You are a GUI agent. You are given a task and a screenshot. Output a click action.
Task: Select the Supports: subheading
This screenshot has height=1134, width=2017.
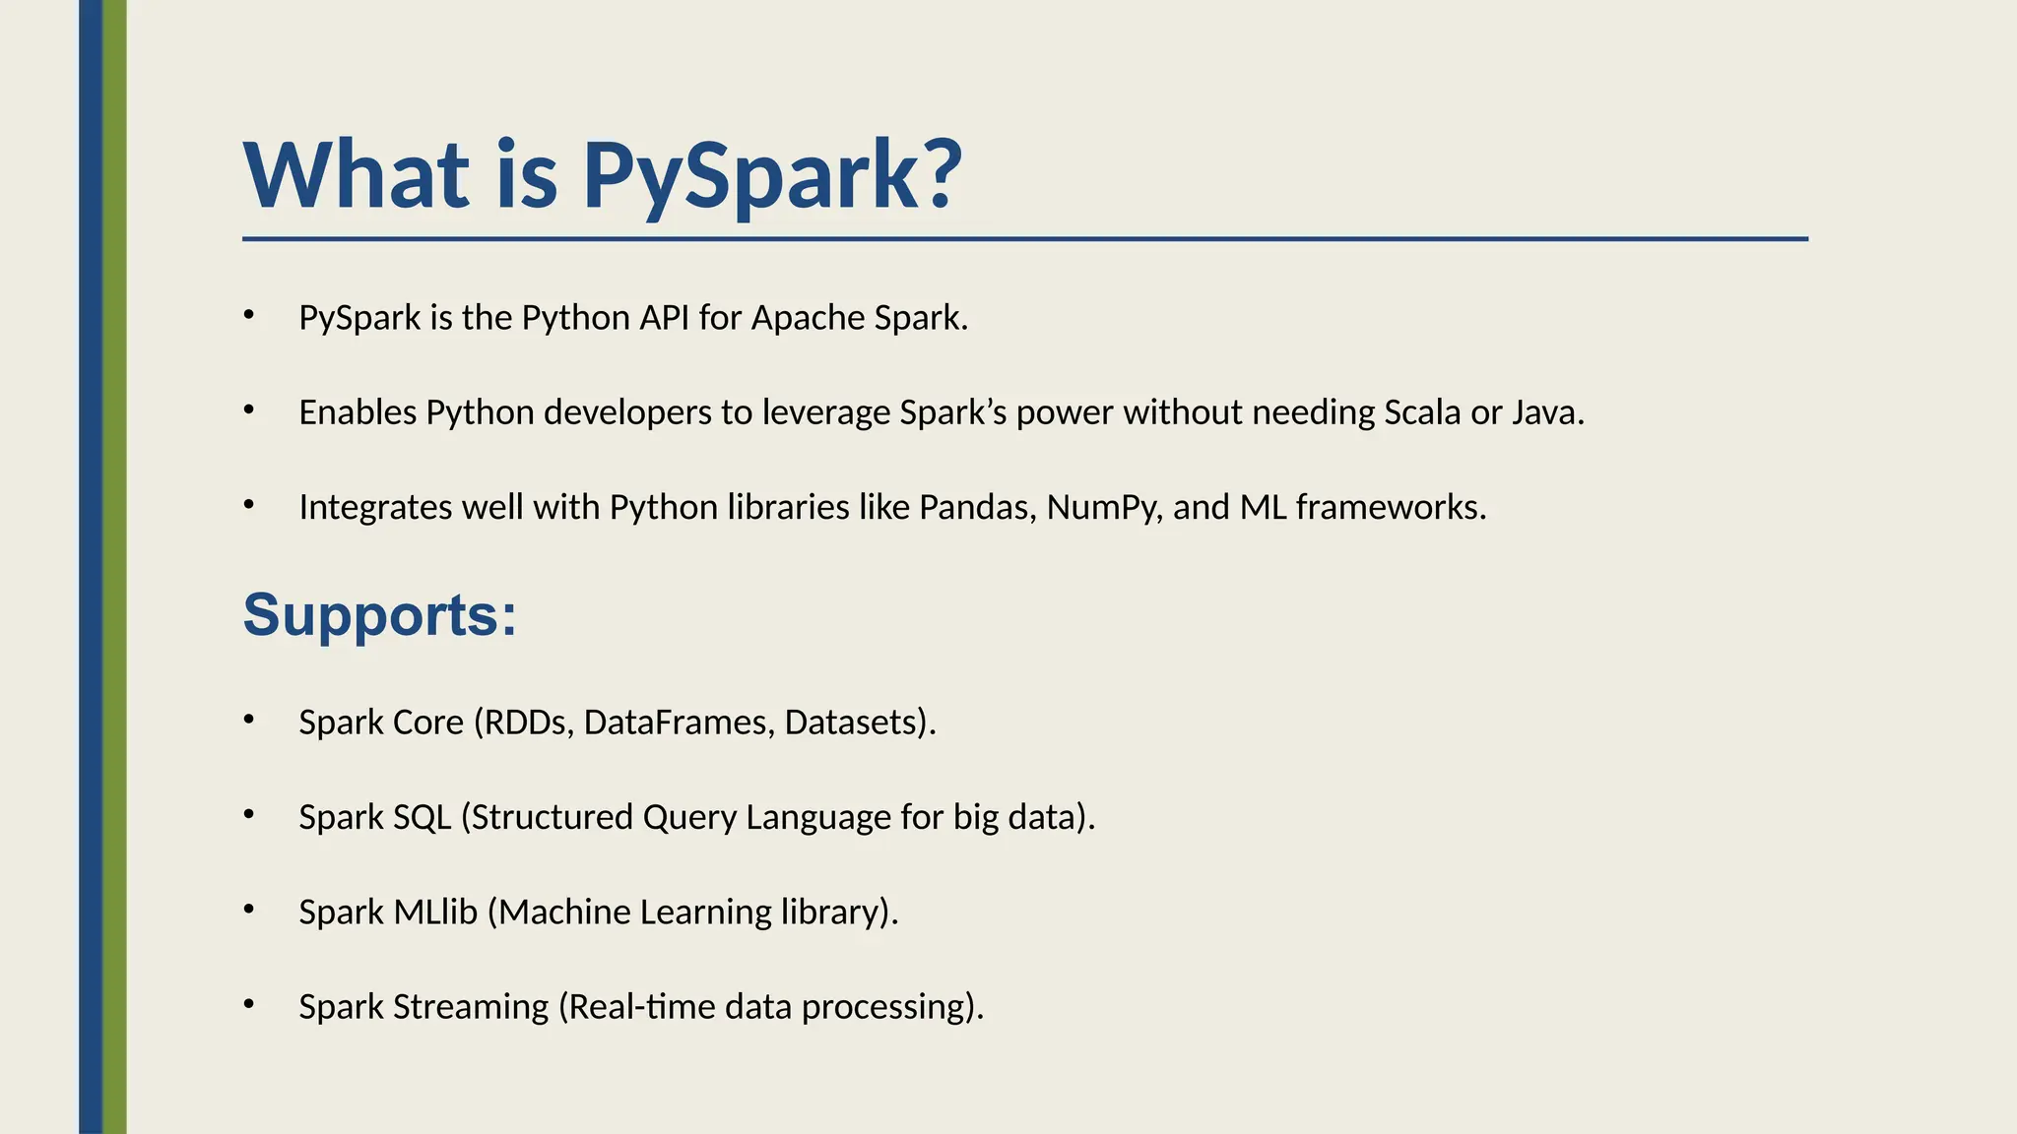click(380, 614)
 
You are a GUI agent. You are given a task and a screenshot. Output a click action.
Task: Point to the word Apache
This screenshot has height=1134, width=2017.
click(795, 318)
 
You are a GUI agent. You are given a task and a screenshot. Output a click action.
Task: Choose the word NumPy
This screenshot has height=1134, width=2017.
click(1104, 508)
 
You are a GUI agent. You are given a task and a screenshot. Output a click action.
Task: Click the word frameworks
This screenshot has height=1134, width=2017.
click(1390, 507)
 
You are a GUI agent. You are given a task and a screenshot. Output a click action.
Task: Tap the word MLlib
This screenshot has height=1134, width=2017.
click(435, 912)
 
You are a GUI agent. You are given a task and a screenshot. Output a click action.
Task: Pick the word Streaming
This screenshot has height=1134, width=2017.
click(471, 1007)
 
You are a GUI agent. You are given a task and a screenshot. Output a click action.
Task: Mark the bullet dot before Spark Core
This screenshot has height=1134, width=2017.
click(249, 720)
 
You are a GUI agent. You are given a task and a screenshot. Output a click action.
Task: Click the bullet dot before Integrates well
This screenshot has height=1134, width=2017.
click(249, 504)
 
